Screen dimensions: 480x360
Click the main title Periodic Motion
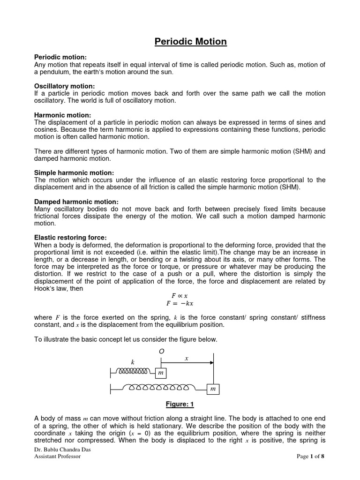click(x=191, y=42)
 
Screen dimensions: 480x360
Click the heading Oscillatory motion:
click(x=64, y=86)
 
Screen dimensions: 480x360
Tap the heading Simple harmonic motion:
click(x=74, y=173)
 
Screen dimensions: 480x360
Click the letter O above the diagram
click(x=162, y=351)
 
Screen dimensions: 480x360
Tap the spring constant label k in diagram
click(x=132, y=362)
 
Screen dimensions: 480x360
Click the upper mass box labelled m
click(x=160, y=372)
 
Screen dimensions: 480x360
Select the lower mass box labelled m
click(x=213, y=389)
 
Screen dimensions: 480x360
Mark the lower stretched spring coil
click(x=159, y=389)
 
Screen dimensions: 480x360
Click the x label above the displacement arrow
click(x=186, y=358)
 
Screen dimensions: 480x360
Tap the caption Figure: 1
click(x=180, y=404)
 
